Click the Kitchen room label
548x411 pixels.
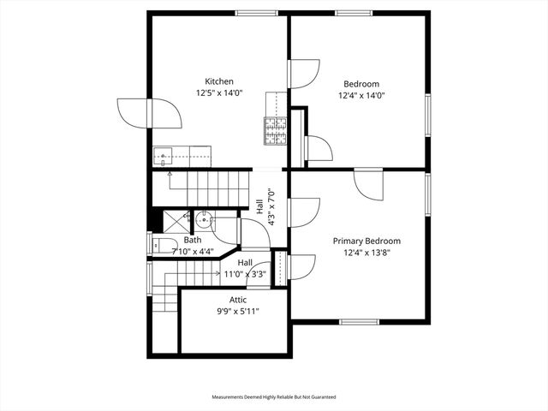219,81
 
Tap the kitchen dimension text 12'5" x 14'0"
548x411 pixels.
219,92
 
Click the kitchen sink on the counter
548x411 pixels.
163,156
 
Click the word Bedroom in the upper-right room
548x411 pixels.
361,83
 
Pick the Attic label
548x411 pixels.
238,300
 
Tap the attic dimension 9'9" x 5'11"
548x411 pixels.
238,311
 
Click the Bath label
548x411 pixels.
192,240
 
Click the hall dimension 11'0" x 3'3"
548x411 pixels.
245,274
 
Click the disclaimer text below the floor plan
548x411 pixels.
274,397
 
